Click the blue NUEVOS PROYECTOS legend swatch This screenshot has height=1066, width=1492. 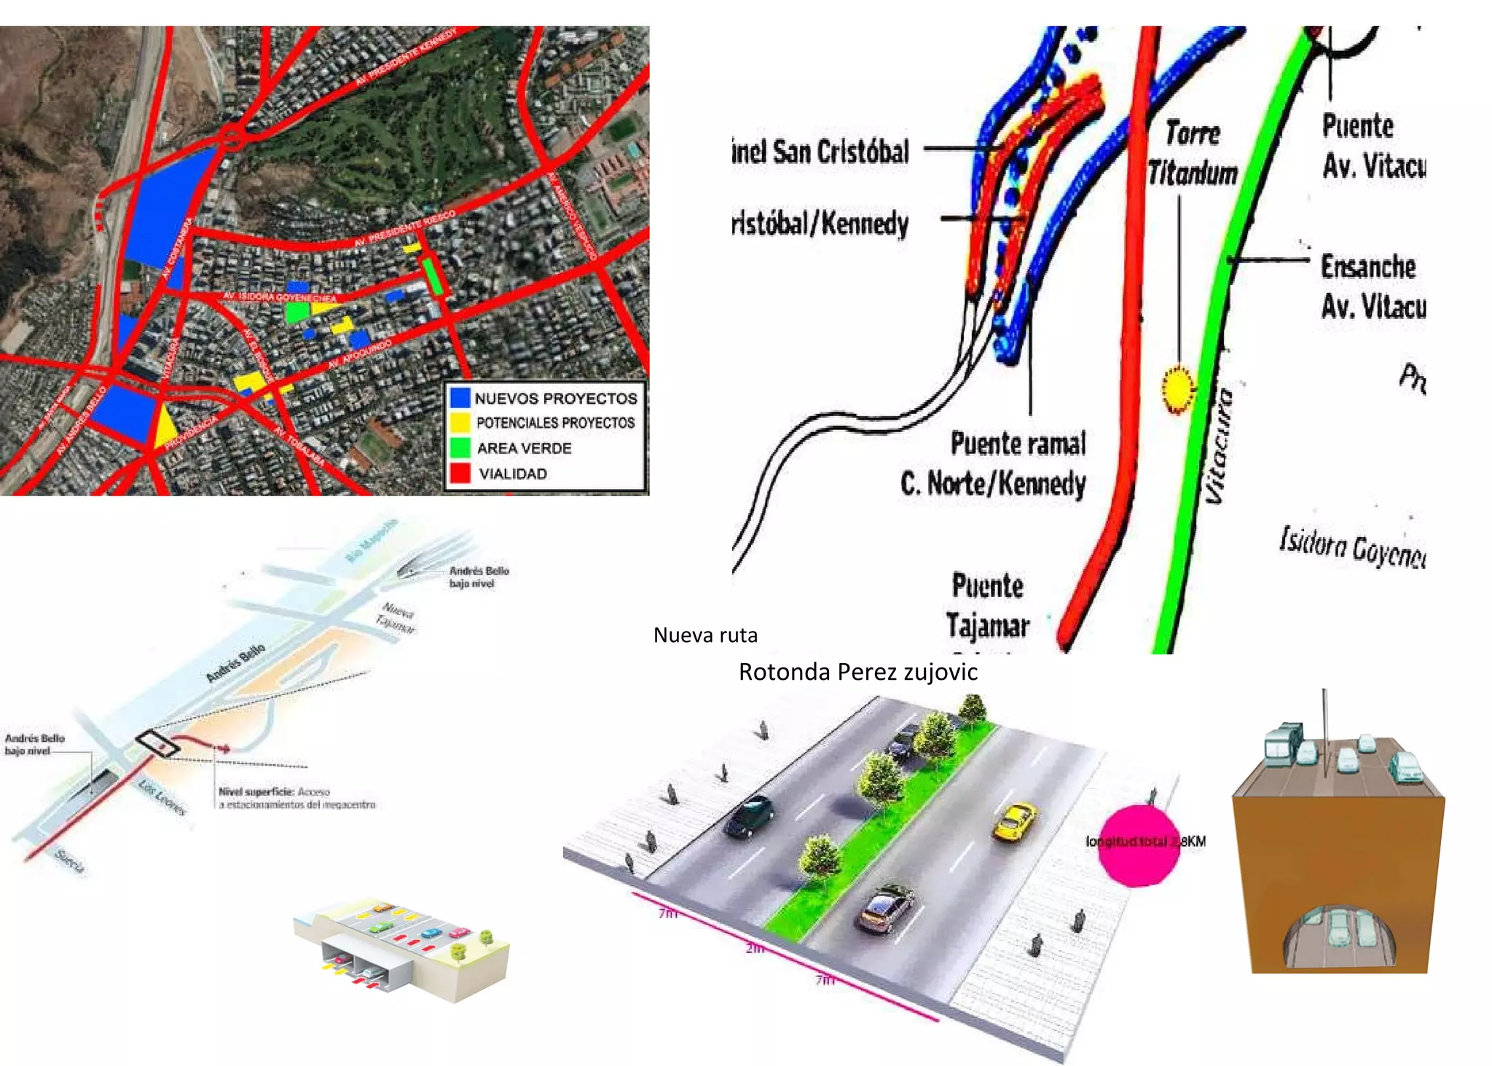click(460, 398)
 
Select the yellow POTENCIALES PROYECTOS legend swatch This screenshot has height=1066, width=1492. click(460, 423)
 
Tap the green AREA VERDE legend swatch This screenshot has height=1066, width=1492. click(460, 447)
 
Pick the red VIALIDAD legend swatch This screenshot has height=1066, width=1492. click(460, 473)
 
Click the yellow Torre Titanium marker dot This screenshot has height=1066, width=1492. click(1177, 390)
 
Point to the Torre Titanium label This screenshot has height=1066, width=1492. click(1193, 153)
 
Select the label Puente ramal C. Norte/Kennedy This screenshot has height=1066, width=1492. click(994, 463)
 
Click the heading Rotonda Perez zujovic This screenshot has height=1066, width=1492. click(857, 672)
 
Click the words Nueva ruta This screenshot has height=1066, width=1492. click(704, 635)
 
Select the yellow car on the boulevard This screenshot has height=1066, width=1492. click(1015, 821)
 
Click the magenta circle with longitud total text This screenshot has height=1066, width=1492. click(1137, 845)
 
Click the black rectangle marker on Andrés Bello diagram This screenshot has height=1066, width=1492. click(157, 742)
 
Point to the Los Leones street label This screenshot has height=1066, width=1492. click(162, 796)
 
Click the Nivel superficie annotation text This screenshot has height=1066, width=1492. click(297, 798)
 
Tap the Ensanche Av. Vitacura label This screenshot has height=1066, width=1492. click(1372, 286)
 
